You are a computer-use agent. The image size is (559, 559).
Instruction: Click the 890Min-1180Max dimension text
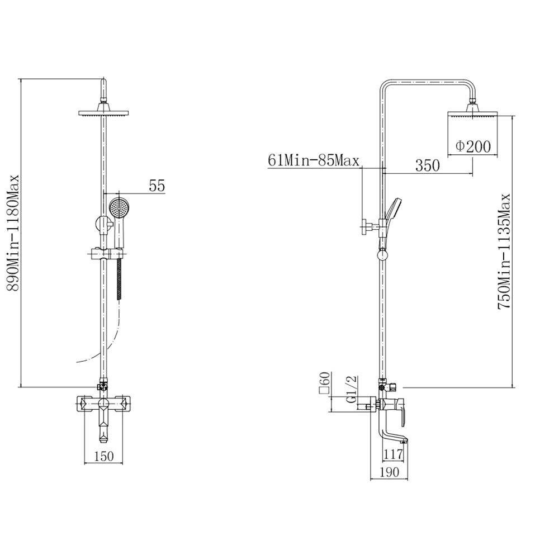13,233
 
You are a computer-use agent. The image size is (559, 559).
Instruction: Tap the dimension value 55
157,186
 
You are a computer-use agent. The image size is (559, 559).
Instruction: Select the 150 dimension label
105,456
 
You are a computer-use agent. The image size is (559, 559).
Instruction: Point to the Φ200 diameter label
473,146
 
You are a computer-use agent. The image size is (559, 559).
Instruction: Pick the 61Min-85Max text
314,161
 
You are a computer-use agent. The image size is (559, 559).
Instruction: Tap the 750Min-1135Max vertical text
505,252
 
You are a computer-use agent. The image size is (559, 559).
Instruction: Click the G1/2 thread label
352,389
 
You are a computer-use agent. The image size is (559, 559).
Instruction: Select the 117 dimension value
393,454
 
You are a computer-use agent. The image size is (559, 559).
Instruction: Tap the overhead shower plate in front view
103,113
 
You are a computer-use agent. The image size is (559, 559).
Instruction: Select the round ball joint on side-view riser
382,255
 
